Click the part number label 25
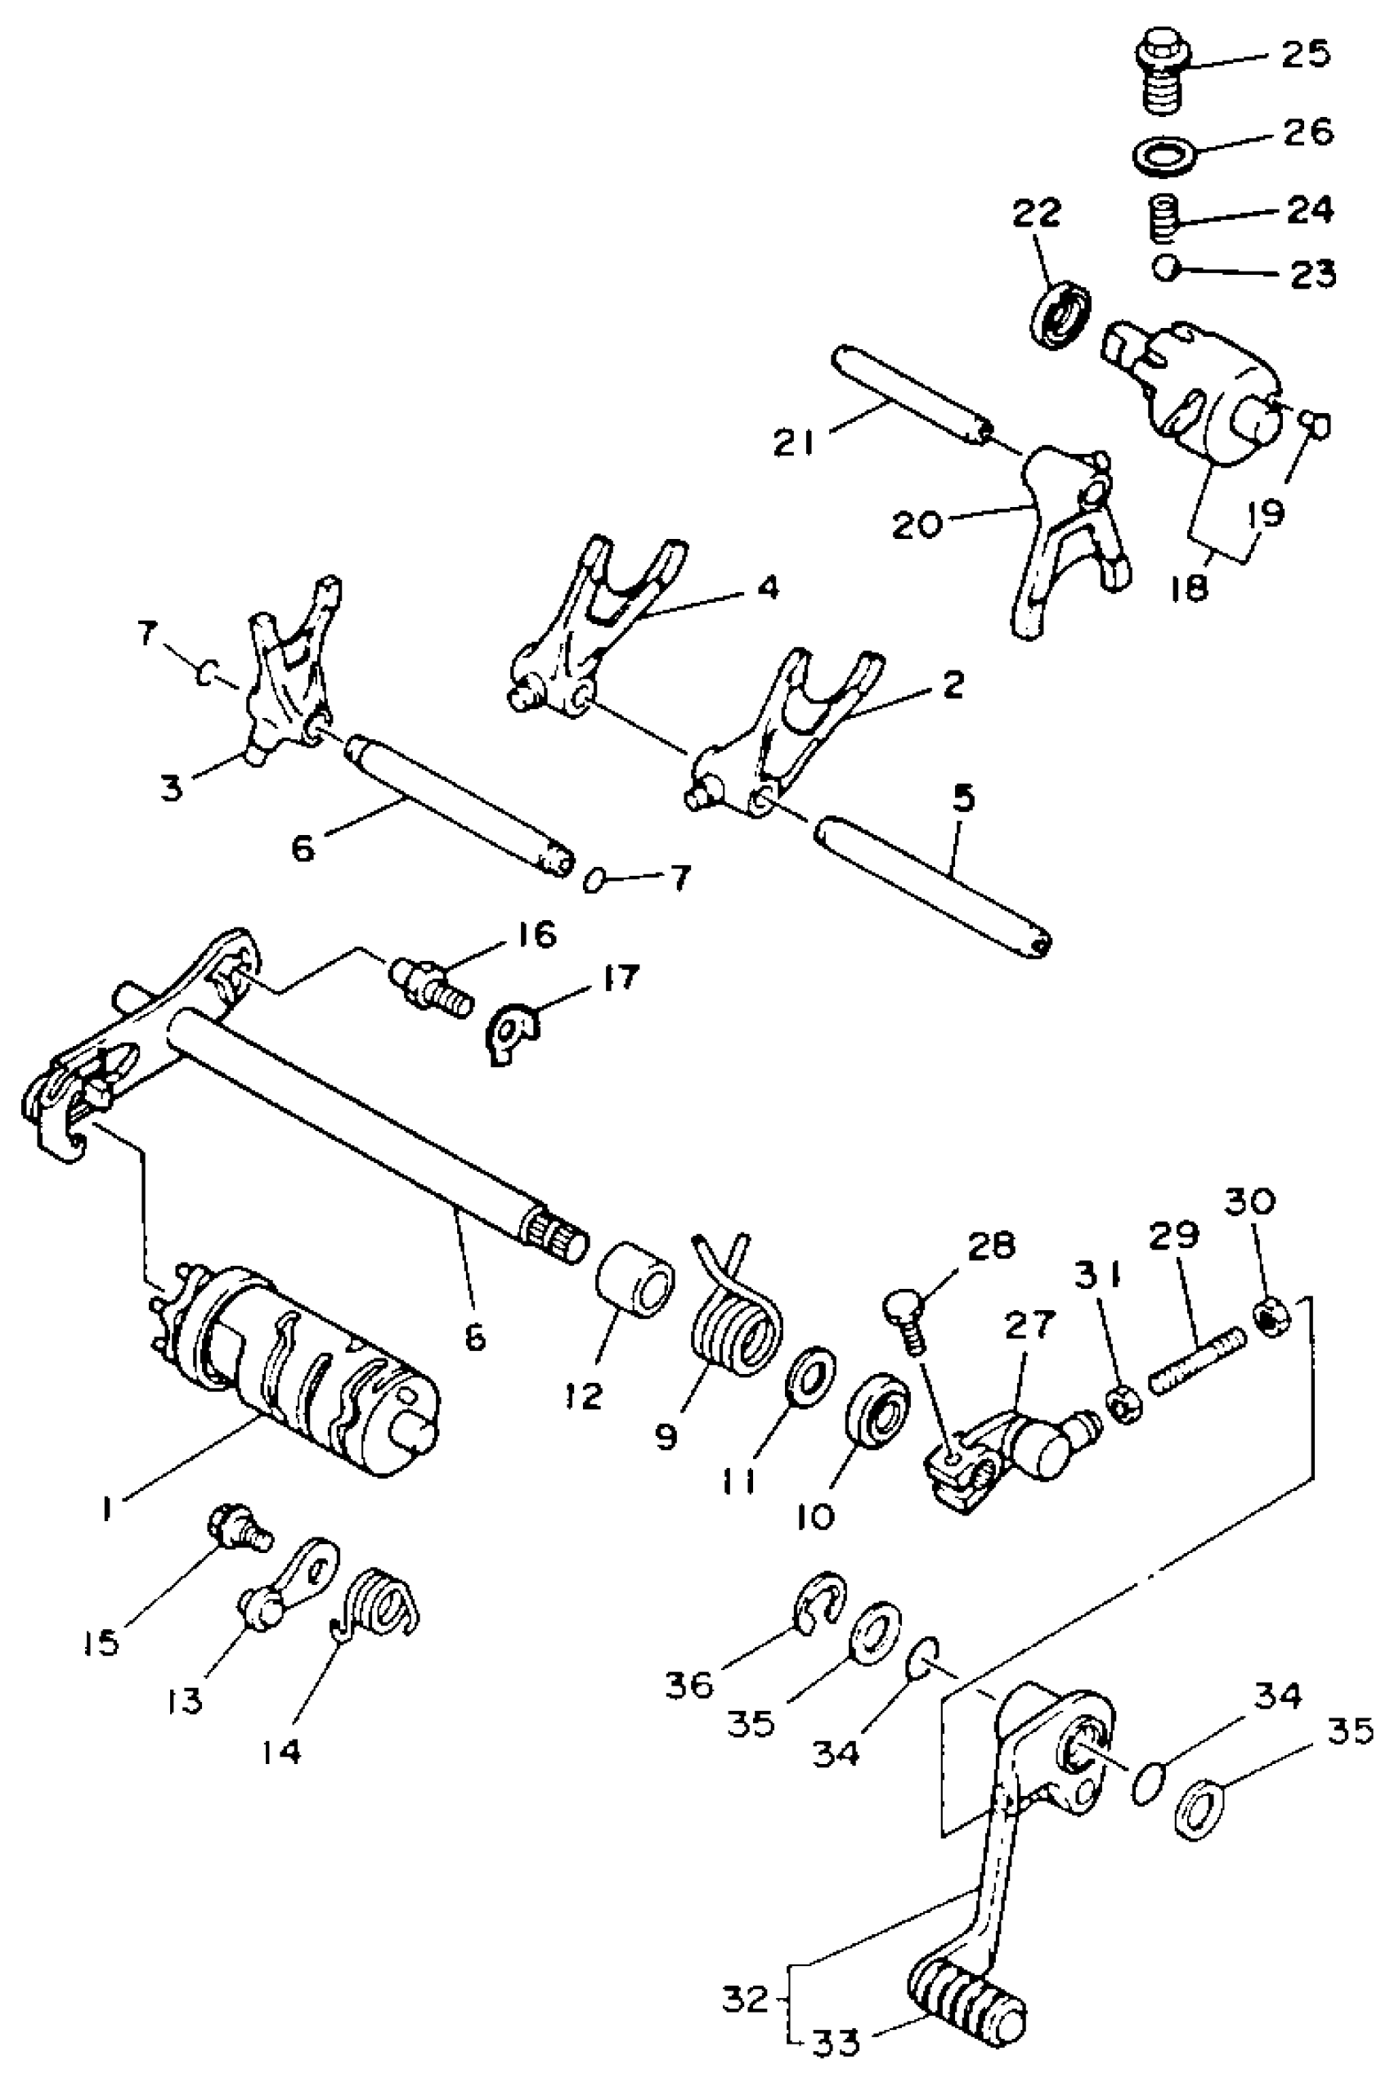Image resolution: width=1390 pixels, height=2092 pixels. click(x=1305, y=54)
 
